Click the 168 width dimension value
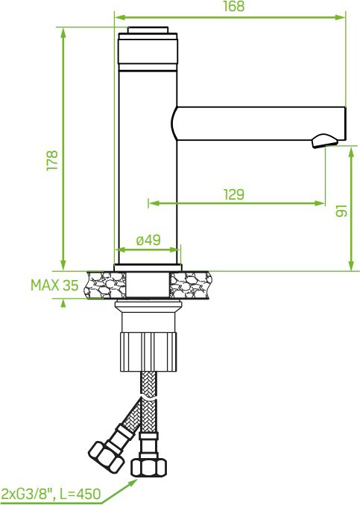point(234,6)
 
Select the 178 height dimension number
point(52,160)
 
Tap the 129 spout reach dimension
point(234,194)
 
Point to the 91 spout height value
point(341,211)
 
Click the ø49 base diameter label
point(148,240)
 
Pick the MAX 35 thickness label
point(54,285)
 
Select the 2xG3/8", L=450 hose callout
point(51,493)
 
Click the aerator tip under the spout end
point(324,142)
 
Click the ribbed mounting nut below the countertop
point(148,352)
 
